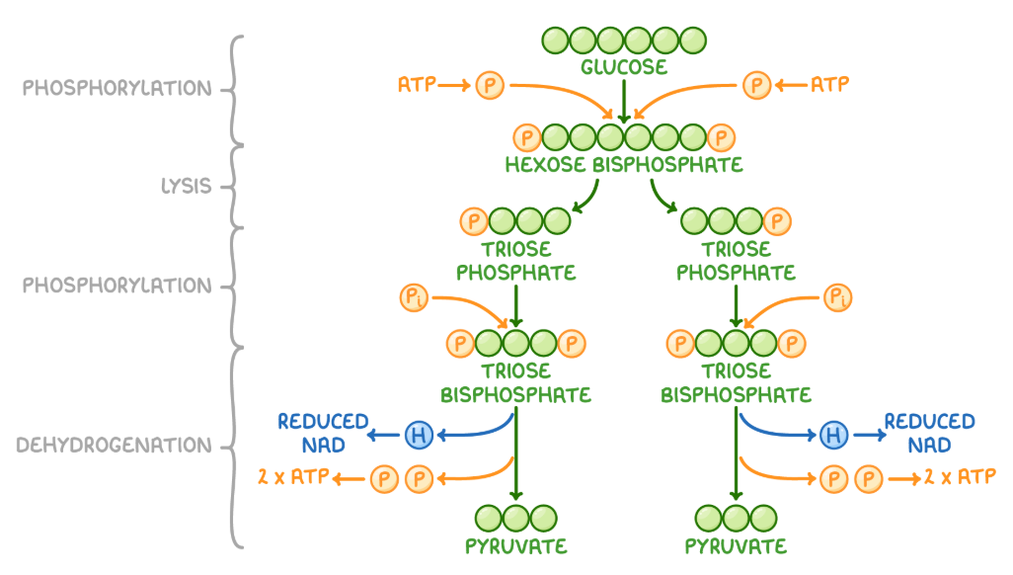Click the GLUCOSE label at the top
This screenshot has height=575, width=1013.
coord(624,67)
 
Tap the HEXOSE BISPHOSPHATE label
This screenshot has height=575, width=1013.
coord(624,164)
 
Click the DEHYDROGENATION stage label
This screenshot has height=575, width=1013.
coord(114,446)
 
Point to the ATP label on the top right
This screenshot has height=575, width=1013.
coord(829,86)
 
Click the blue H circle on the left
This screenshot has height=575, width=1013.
coord(418,433)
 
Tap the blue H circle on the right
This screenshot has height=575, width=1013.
coord(834,433)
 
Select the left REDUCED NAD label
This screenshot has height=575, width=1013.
coord(323,433)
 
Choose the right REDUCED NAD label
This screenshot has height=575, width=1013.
coord(929,433)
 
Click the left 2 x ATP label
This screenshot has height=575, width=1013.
coord(292,479)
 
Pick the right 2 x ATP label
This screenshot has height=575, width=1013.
coord(959,479)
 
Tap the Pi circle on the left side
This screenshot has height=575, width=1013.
coord(415,296)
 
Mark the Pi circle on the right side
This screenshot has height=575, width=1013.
coord(837,296)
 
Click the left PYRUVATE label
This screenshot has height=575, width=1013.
coord(515,546)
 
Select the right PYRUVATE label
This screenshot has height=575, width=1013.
coord(736,546)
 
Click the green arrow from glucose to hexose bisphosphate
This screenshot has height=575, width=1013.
coord(624,100)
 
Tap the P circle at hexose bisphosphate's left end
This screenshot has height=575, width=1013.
coord(527,137)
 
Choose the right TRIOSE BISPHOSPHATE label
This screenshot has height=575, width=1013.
coord(736,382)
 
